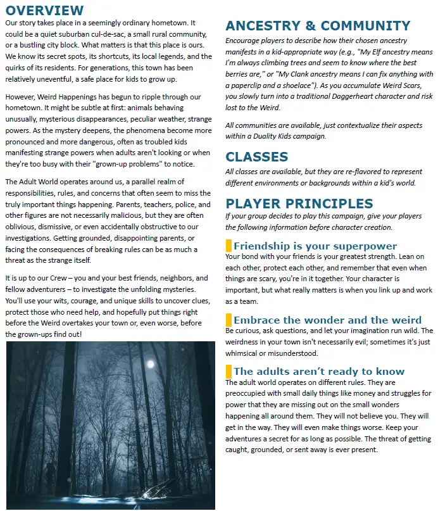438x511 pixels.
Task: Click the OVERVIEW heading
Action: pyautogui.click(x=44, y=10)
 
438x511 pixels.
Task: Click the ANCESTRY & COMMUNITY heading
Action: pyautogui.click(x=318, y=26)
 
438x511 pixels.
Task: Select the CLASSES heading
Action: pyautogui.click(x=256, y=157)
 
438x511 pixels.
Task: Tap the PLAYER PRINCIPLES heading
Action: pyautogui.click(x=299, y=204)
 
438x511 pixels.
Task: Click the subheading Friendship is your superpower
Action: pyautogui.click(x=315, y=246)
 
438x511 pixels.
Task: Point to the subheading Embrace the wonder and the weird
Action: pyautogui.click(x=327, y=320)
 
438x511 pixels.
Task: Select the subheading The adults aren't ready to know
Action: pyautogui.click(x=318, y=371)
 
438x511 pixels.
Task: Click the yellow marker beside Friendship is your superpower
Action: pyautogui.click(x=228, y=246)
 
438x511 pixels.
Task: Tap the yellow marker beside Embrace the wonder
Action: pyautogui.click(x=228, y=320)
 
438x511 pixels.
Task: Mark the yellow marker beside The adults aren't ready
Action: pyautogui.click(x=228, y=371)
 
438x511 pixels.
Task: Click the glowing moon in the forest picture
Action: pyautogui.click(x=150, y=363)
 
